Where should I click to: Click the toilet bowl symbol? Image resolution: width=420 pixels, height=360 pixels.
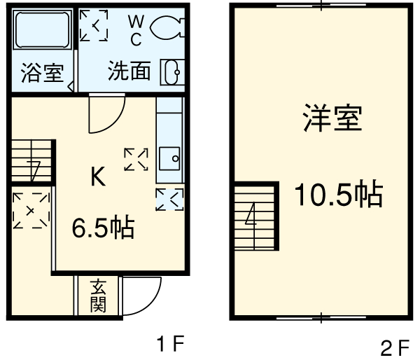167,28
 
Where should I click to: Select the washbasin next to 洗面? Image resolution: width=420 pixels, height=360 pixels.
172,71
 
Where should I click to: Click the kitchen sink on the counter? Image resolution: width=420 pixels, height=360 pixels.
169,158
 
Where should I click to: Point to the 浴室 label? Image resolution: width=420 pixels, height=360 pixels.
42,73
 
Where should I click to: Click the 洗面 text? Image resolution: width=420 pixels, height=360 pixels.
129,71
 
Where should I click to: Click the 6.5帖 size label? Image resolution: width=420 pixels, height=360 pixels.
104,228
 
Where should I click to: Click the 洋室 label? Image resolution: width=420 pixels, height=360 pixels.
332,118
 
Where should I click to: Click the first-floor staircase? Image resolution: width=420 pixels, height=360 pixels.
32,162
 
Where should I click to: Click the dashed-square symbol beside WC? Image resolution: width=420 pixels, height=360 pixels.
94,26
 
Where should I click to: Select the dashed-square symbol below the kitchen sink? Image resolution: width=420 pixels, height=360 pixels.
169,199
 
